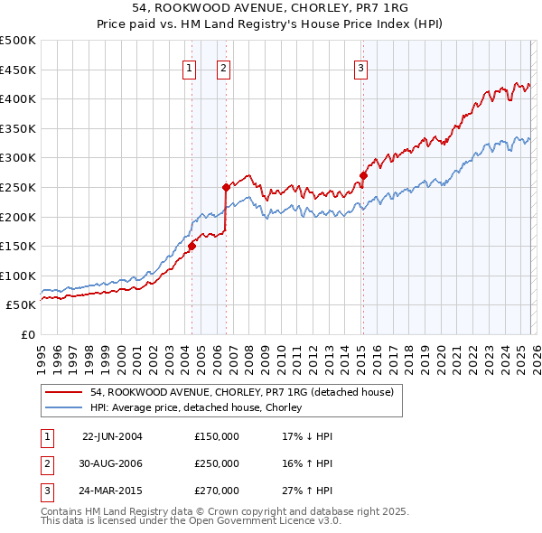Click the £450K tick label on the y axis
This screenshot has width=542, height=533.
click(18, 70)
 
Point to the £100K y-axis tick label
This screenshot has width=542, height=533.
click(18, 276)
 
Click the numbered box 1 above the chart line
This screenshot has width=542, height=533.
click(190, 67)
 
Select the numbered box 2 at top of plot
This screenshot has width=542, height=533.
click(223, 67)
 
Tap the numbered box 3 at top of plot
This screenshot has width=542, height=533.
click(360, 67)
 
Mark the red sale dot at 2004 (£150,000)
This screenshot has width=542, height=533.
click(192, 246)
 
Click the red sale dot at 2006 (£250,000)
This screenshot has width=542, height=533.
click(226, 187)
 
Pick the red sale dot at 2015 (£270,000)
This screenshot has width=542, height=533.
click(362, 175)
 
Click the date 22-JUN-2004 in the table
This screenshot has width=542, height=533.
click(112, 435)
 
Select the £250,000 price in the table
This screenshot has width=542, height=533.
click(216, 463)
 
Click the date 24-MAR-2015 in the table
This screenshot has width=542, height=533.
click(112, 491)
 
